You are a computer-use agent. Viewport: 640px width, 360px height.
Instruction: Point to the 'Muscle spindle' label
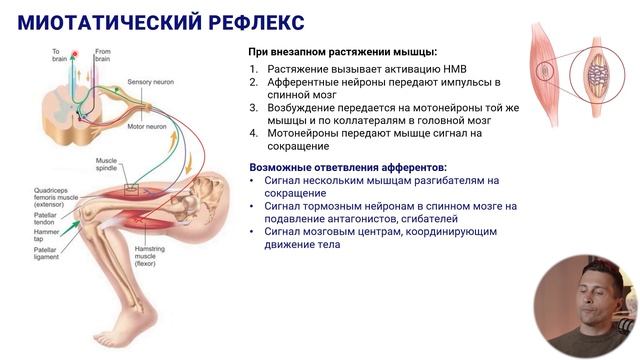107,164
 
